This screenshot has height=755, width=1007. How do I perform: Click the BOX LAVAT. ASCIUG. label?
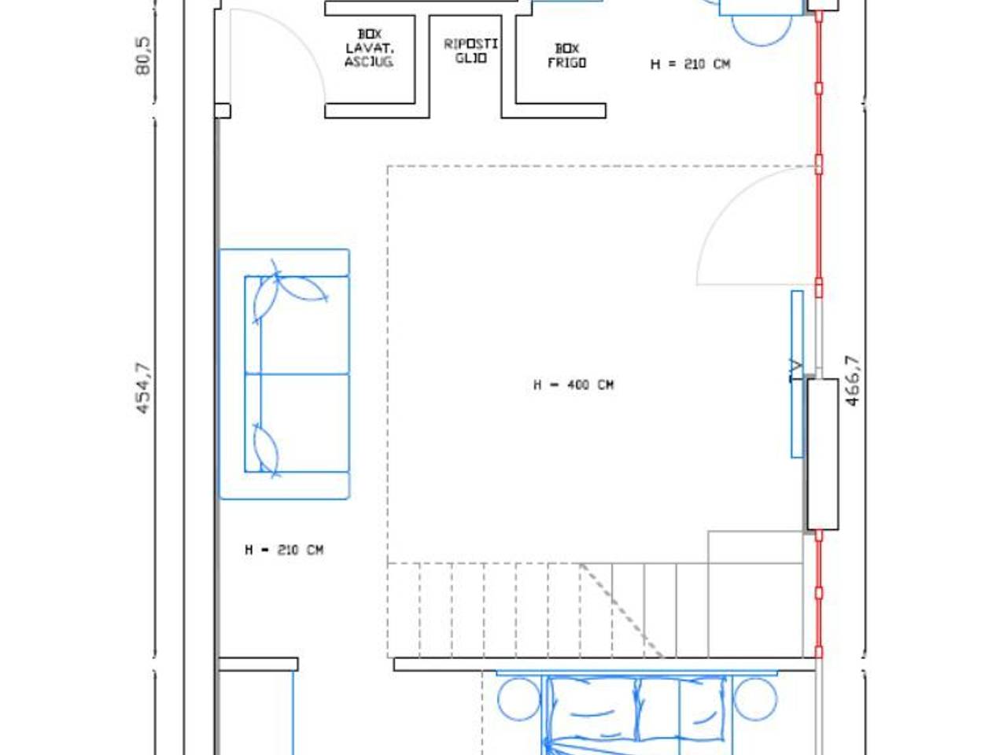[369, 48]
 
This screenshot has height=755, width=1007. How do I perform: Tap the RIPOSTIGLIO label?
[470, 51]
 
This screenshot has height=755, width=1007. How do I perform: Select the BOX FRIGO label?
[567, 56]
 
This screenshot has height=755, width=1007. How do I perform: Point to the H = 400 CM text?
[574, 385]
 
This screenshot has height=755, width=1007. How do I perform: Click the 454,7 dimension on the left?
[143, 389]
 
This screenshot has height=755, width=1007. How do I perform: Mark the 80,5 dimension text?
[142, 56]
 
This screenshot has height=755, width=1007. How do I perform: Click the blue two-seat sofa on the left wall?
[285, 374]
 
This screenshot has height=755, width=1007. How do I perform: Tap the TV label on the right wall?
[796, 371]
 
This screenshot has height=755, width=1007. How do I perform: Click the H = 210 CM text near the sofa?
[285, 550]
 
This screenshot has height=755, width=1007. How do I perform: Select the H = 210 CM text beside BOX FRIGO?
[690, 64]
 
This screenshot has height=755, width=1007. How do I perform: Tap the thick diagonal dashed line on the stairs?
[622, 610]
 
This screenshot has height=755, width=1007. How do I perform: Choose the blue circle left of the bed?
[519, 699]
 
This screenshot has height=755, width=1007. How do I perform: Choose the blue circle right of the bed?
[755, 699]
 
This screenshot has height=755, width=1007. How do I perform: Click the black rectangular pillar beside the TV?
[823, 455]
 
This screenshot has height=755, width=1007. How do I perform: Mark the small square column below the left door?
[223, 111]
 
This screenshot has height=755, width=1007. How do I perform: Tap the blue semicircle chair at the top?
[762, 30]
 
